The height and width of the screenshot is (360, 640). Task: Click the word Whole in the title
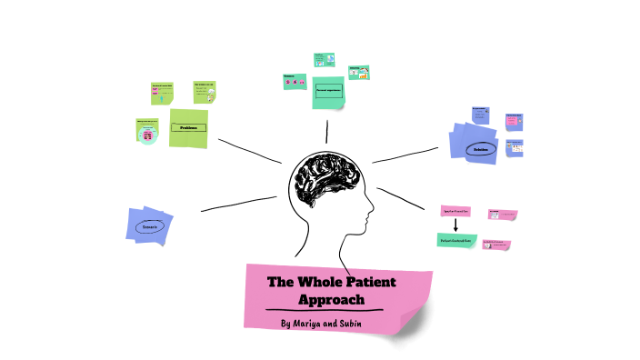point(312,282)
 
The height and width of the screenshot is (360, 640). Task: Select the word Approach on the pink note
point(332,299)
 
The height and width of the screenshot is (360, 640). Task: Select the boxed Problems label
point(188,128)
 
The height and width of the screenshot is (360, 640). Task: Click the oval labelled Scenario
point(149,225)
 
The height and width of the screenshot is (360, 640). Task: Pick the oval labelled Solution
point(481,149)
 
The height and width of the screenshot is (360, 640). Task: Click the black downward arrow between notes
point(455,225)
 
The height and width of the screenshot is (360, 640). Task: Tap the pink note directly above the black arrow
point(455,210)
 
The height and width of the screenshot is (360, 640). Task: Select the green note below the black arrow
point(456,239)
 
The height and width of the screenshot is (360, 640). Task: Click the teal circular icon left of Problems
point(146,135)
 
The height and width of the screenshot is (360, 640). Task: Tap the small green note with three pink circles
point(295,83)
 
